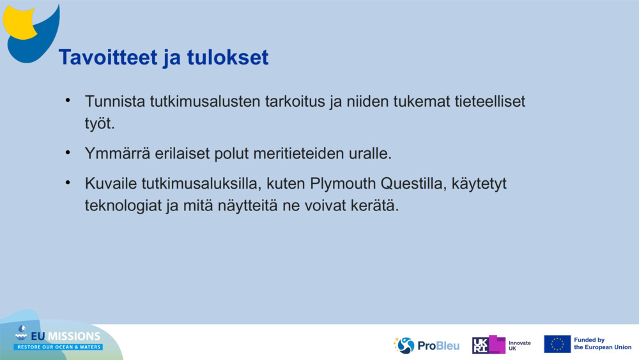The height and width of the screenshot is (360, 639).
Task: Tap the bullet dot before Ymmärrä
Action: [68, 153]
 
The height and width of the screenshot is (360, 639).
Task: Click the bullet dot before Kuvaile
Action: [68, 184]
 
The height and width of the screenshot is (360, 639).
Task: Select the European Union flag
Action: [557, 344]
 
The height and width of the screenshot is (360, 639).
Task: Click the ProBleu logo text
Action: [438, 345]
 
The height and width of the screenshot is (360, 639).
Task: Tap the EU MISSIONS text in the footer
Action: [66, 336]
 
